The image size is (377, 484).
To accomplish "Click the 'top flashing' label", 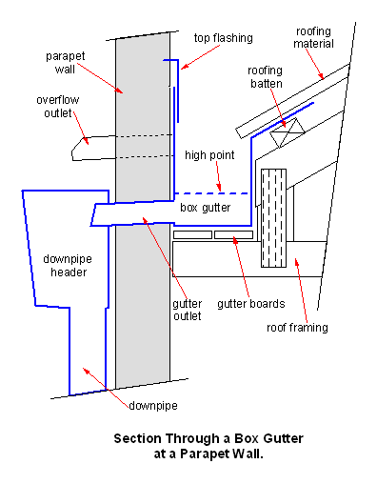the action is (224, 38).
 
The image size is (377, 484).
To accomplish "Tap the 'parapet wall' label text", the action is (66, 63).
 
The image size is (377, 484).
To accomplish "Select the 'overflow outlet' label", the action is (58, 107).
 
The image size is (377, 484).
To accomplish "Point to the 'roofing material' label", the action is (313, 37).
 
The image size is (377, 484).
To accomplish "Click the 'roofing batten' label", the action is (265, 77).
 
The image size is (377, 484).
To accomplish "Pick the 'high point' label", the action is (209, 155).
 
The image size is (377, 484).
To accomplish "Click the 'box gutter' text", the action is (206, 208).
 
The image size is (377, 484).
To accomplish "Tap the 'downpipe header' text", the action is (68, 266).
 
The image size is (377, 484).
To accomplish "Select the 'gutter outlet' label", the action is (188, 310).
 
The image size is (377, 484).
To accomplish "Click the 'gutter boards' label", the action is (251, 304).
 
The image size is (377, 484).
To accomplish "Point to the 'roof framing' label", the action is (297, 328).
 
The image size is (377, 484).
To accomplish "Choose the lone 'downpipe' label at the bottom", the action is (153, 406).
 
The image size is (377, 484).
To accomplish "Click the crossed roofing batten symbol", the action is (288, 132).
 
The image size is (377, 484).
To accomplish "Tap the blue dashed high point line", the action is (211, 193).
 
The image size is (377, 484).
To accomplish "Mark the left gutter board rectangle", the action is (192, 235).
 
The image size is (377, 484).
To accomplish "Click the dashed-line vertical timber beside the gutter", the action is (273, 218).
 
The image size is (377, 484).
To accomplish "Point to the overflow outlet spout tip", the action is (72, 154).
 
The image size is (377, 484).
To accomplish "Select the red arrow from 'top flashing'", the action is (200, 57).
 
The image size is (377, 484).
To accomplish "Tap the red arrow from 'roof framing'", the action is (301, 291).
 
